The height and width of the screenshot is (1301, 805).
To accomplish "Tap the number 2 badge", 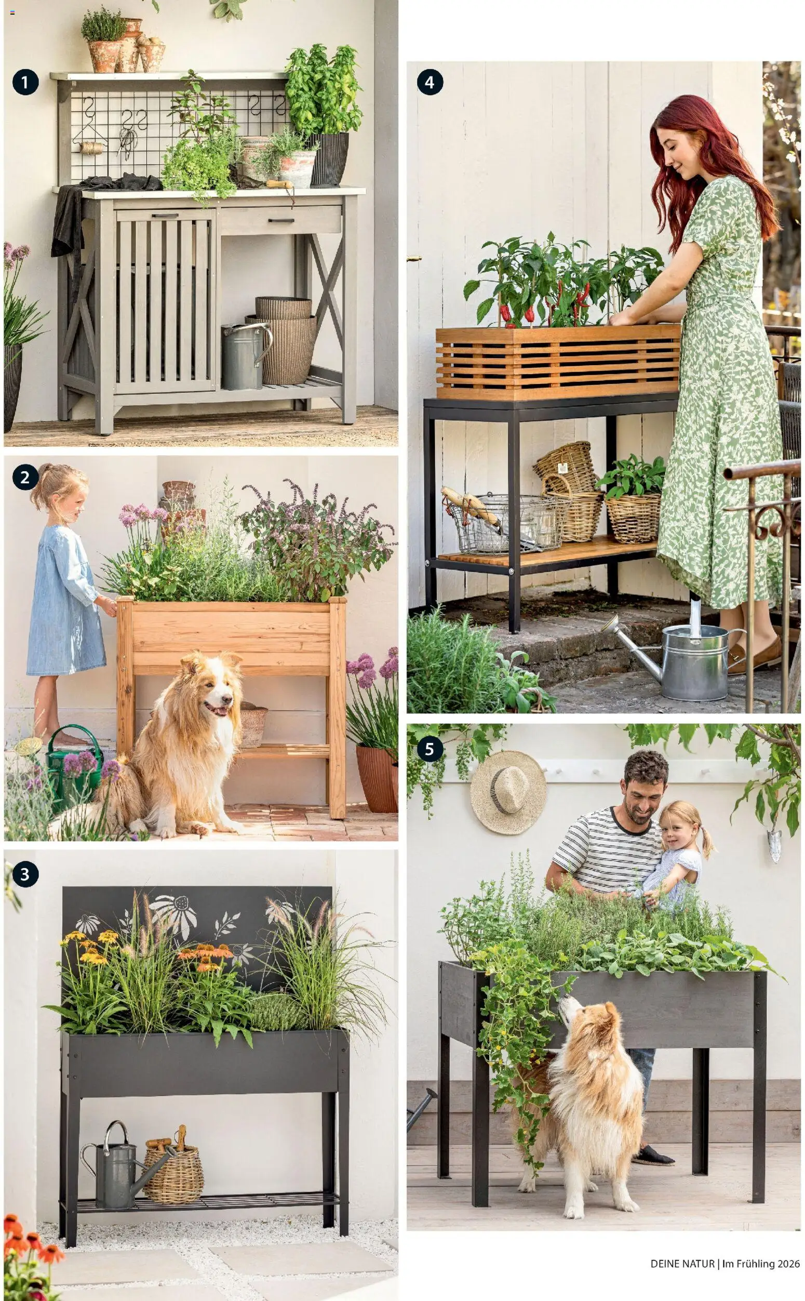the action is (25, 477).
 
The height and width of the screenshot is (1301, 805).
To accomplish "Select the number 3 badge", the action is (25, 874).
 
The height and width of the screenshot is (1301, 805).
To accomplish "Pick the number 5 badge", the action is (430, 749).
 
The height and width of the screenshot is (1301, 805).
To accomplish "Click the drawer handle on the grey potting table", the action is (280, 220).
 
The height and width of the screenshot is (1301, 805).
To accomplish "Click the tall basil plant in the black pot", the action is (324, 90).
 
